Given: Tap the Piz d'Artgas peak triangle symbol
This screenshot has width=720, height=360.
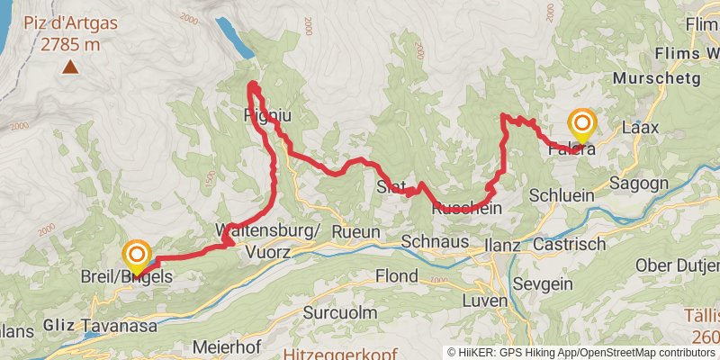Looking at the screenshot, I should pyautogui.click(x=69, y=66).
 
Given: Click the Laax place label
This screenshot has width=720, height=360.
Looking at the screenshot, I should pyautogui.click(x=641, y=128).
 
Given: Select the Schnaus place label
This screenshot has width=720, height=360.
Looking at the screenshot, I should pyautogui.click(x=435, y=241).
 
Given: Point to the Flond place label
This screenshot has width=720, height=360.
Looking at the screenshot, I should pyautogui.click(x=397, y=274).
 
